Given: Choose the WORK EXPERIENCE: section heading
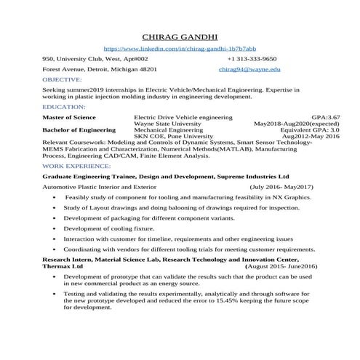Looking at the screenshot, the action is tap(76, 166).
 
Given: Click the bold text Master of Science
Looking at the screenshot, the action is tap(69, 116).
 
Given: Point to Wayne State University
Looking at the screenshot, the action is tap(168, 123).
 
